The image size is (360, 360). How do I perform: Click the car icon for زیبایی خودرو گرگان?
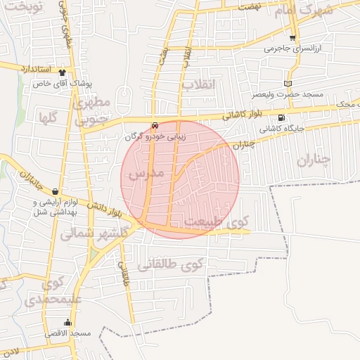pyautogui.click(x=155, y=125)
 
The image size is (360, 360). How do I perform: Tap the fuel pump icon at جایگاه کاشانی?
pyautogui.click(x=282, y=118)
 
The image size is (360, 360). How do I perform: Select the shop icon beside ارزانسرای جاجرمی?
pyautogui.click(x=292, y=38)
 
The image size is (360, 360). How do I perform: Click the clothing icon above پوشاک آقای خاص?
pyautogui.click(x=63, y=72)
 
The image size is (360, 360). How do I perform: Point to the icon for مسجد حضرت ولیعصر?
pyautogui.click(x=287, y=83)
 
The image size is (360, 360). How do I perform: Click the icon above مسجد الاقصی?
pyautogui.click(x=67, y=323)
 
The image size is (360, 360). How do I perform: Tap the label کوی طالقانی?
pyautogui.click(x=169, y=265)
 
